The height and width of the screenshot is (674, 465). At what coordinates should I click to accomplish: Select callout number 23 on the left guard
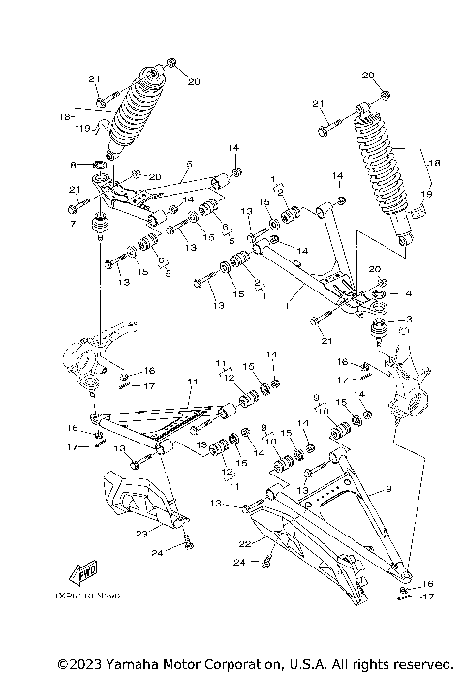[x=140, y=532]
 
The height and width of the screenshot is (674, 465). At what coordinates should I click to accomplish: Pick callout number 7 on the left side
[x=72, y=224]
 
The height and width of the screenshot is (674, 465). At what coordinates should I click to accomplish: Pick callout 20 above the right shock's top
[x=368, y=75]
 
